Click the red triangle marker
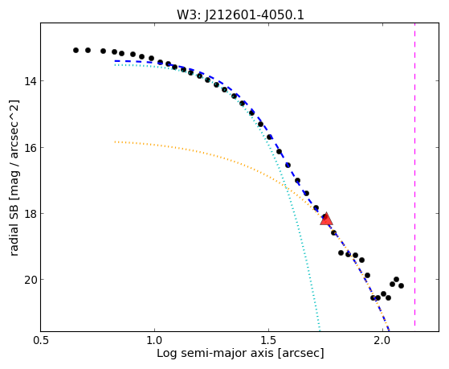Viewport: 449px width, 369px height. pyautogui.click(x=326, y=219)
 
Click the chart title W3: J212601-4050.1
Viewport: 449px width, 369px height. pyautogui.click(x=240, y=14)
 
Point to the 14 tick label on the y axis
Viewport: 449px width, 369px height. pyautogui.click(x=31, y=81)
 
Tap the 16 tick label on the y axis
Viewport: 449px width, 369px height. pyautogui.click(x=31, y=148)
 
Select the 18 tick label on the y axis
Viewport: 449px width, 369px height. pyautogui.click(x=31, y=214)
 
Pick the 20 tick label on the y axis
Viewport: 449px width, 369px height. pyautogui.click(x=31, y=280)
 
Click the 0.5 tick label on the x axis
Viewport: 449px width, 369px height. pyautogui.click(x=41, y=341)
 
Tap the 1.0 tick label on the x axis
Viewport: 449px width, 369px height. pyautogui.click(x=155, y=341)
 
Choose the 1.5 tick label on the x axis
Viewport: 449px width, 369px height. pyautogui.click(x=268, y=341)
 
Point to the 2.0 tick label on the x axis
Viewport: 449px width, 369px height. pyautogui.click(x=382, y=341)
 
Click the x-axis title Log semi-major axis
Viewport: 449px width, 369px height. pyautogui.click(x=214, y=353)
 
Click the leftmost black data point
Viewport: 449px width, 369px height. pyautogui.click(x=76, y=50)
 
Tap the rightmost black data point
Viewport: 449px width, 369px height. pyautogui.click(x=401, y=285)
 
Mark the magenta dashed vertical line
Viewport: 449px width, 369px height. pyautogui.click(x=415, y=174)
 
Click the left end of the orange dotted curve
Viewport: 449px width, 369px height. pyautogui.click(x=115, y=141)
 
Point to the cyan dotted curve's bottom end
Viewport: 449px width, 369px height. pyautogui.click(x=320, y=330)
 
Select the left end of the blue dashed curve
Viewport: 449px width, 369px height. pyautogui.click(x=115, y=61)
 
